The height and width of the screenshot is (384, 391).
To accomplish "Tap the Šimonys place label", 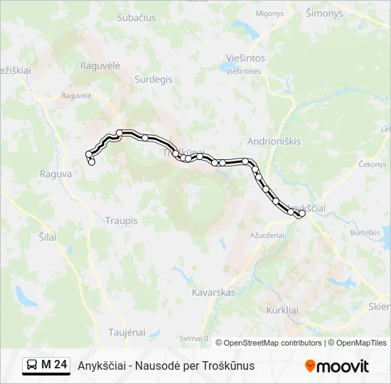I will [x=323, y=14].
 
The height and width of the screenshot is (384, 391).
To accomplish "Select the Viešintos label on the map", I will [x=245, y=58].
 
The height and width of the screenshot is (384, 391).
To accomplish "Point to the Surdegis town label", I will [x=153, y=80].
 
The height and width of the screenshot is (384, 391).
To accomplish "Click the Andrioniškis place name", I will [x=274, y=141].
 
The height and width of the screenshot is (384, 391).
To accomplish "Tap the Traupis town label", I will [x=121, y=221].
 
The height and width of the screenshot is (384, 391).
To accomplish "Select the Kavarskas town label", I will [x=214, y=292].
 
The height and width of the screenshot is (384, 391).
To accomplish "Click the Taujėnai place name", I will [x=127, y=332].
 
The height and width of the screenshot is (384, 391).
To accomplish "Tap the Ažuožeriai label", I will [x=267, y=234].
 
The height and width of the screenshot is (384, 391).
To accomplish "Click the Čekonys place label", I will [x=373, y=164].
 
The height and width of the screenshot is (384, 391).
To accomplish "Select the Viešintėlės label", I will [x=245, y=71].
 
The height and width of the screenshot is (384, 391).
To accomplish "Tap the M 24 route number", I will [x=55, y=366].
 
